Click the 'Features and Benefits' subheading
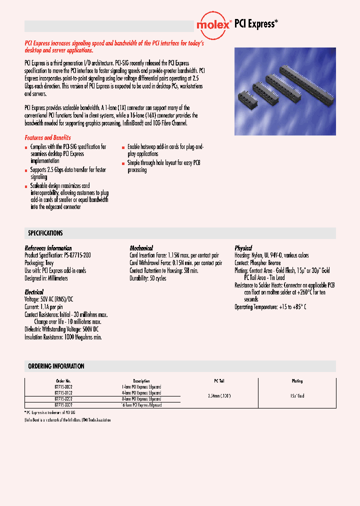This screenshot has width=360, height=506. (x=48, y=137)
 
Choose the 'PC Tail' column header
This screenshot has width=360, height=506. (x=218, y=381)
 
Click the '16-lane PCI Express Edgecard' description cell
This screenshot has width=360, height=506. (x=141, y=405)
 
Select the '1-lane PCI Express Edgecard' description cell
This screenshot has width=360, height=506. (x=141, y=387)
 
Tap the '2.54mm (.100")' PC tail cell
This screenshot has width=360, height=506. (x=218, y=395)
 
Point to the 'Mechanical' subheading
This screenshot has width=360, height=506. (x=141, y=248)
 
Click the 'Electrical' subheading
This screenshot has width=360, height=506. (x=34, y=291)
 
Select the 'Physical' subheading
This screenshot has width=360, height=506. (x=243, y=248)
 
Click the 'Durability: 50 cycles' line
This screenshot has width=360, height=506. (x=148, y=278)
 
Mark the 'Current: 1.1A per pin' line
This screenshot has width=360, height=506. (x=44, y=307)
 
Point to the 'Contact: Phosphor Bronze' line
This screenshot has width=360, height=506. (x=257, y=263)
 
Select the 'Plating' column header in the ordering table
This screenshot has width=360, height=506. (x=297, y=381)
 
